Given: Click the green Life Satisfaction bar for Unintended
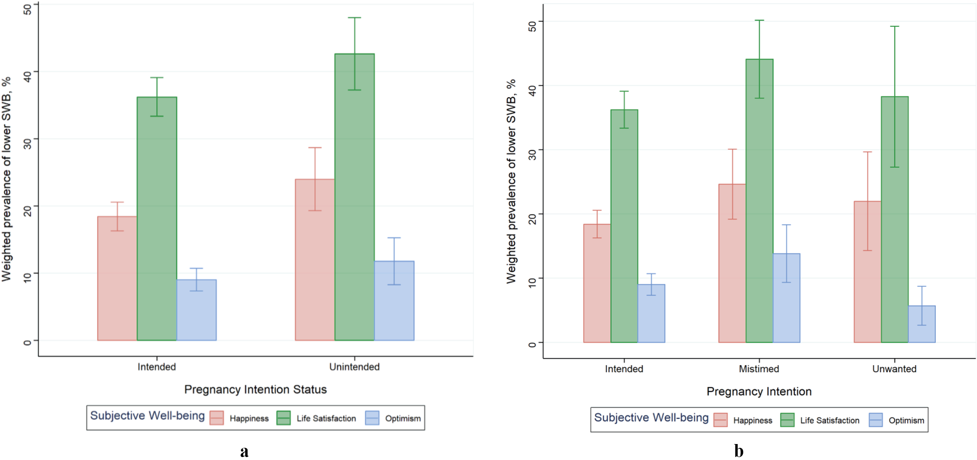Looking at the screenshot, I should click(x=354, y=197).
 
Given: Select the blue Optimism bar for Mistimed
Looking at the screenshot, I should click(x=786, y=298).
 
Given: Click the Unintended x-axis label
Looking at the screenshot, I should click(x=354, y=367).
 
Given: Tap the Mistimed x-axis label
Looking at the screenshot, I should click(x=759, y=369).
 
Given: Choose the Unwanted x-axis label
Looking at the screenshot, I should click(x=894, y=369).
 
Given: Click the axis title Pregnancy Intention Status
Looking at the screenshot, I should click(x=255, y=389).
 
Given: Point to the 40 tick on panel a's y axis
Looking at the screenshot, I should click(x=28, y=72).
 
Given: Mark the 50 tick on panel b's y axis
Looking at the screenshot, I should click(x=532, y=22).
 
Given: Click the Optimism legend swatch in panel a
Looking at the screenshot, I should click(x=372, y=418).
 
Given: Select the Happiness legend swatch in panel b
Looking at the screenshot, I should click(x=720, y=420).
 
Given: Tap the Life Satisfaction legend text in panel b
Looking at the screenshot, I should click(x=830, y=421).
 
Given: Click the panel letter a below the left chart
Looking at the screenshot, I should click(x=244, y=452).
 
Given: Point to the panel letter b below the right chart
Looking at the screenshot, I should click(x=739, y=451).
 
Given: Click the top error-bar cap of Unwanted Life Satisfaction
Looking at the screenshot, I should click(x=895, y=26).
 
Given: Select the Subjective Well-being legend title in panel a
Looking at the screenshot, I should click(x=147, y=415).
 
